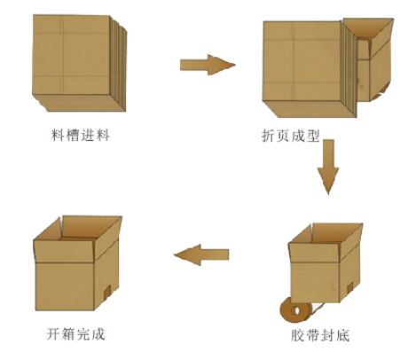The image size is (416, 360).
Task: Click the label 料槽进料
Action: pos(81,136)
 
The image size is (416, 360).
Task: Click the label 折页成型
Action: pos(291,137)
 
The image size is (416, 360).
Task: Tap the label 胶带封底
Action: pos(320,335)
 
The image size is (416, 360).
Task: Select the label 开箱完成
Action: pos(76,334)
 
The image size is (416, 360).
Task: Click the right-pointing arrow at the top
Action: pos(208,65)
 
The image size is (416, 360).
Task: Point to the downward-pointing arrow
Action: pos(328,167)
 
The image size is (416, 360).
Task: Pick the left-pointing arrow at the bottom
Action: pos(201,254)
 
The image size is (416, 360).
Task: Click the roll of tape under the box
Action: pos(295,310)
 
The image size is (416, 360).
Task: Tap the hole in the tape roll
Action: pos(295,310)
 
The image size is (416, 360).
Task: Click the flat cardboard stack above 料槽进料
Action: pos(79,63)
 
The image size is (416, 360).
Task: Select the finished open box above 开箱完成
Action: pos(77,263)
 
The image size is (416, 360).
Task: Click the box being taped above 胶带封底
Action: pos(326,262)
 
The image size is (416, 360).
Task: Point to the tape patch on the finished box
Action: pos(107,291)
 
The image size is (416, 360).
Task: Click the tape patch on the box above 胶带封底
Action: pos(350,287)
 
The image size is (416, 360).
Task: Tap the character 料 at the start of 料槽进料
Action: pos(58,136)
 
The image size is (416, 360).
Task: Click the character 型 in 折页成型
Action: pos(313,137)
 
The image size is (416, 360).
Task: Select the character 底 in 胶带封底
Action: pos(342,335)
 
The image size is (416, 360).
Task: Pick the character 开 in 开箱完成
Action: pos(54,334)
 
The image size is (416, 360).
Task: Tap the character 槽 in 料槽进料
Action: pos(73,136)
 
